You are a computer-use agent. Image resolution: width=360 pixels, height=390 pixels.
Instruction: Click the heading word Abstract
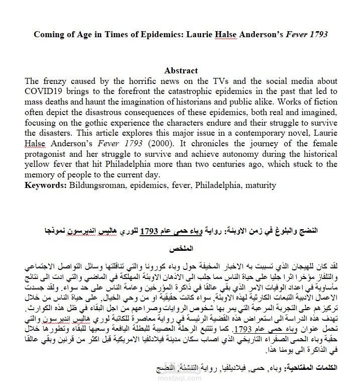181,71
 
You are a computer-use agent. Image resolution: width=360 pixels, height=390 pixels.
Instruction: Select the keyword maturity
260,185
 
